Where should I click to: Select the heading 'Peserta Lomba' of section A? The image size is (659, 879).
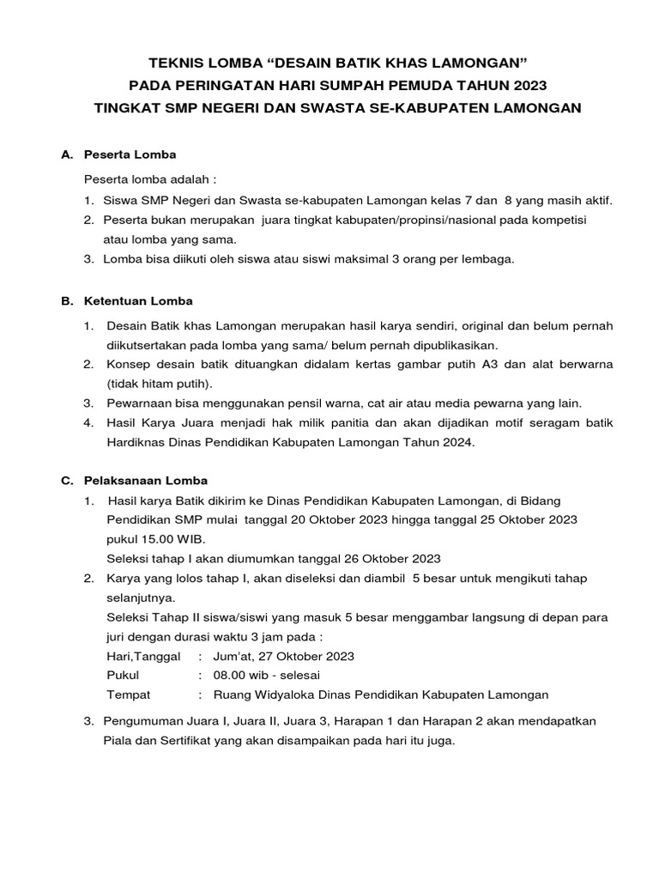130,155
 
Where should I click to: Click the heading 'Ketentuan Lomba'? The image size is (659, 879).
137,301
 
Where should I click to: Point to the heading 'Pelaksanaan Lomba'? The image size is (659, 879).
145,481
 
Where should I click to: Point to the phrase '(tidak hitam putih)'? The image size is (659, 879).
160,384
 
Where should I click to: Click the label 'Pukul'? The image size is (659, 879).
123,676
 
